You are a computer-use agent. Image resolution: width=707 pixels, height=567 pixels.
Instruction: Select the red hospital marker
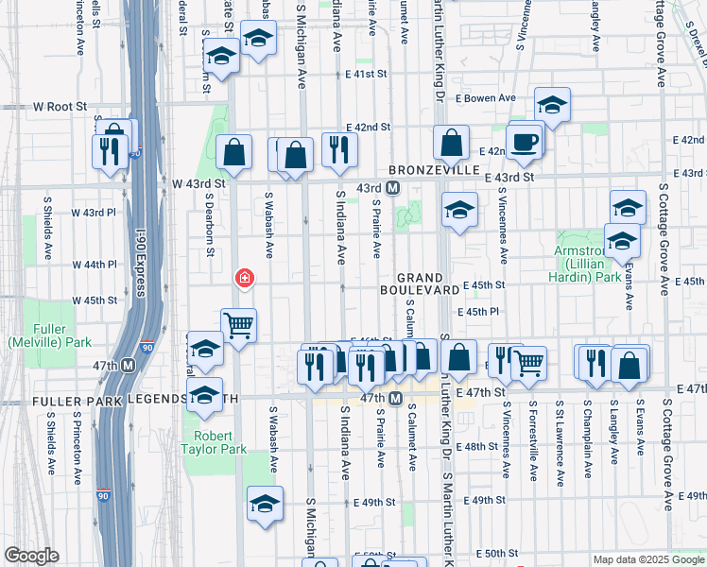click(243, 278)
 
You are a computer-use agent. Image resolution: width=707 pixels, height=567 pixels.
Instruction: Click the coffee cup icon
click(523, 143)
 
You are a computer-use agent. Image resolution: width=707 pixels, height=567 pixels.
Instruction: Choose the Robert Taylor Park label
click(219, 442)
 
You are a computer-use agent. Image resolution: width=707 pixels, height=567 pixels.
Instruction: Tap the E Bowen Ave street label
click(489, 97)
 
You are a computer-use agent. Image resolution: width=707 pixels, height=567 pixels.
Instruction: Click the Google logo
click(32, 556)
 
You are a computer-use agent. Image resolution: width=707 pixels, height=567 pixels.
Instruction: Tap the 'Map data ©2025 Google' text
click(647, 559)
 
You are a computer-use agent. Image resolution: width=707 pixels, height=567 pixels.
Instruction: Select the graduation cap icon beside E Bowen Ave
click(552, 105)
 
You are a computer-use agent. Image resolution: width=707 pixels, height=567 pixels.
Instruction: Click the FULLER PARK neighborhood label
click(78, 401)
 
